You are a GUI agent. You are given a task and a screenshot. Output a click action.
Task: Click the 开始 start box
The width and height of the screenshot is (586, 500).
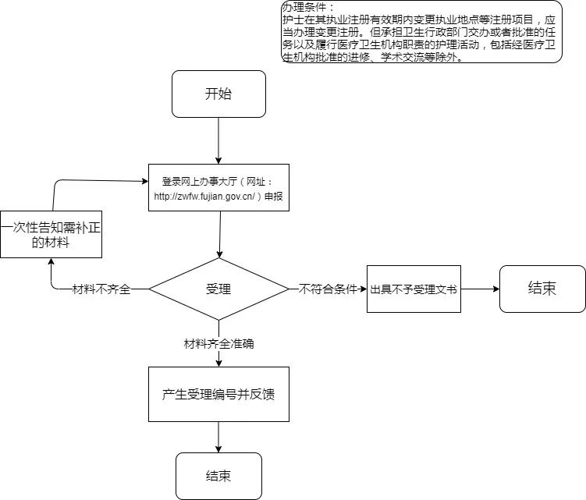coord(218,94)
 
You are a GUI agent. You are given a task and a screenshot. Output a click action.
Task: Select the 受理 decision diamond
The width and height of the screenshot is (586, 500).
coord(218,289)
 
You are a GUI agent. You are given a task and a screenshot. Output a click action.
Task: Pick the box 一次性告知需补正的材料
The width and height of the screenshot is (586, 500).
coord(51,235)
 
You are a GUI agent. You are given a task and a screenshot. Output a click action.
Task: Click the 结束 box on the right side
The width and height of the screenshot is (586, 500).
coord(542,288)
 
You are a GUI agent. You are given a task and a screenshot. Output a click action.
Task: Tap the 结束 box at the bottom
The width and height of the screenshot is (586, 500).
coord(218,476)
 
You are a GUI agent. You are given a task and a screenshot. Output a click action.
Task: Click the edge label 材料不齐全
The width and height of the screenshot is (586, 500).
coord(101,289)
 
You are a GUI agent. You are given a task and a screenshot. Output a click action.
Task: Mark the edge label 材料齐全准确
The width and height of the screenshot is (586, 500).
coord(218,343)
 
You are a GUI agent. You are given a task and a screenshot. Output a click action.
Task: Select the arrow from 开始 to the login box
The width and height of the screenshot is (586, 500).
coord(218,140)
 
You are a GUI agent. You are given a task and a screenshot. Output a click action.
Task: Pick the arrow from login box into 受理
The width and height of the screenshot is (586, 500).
coord(219,234)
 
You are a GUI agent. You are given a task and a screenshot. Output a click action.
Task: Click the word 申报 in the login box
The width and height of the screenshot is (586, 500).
coord(273,197)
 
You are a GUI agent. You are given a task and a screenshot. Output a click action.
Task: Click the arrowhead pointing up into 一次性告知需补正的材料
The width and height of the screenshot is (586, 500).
coord(51,263)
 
